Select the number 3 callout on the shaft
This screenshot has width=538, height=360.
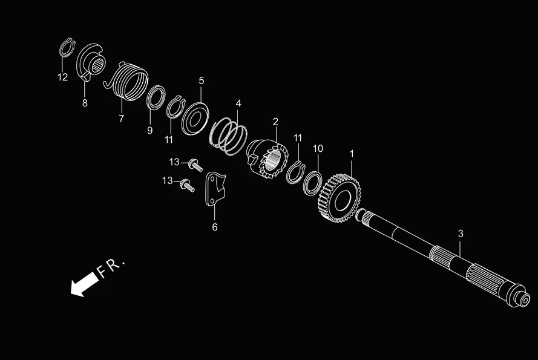pyautogui.click(x=461, y=233)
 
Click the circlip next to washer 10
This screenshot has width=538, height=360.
pyautogui.click(x=295, y=172)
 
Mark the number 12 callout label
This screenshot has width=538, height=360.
pyautogui.click(x=63, y=77)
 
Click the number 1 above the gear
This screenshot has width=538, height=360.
pyautogui.click(x=352, y=154)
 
